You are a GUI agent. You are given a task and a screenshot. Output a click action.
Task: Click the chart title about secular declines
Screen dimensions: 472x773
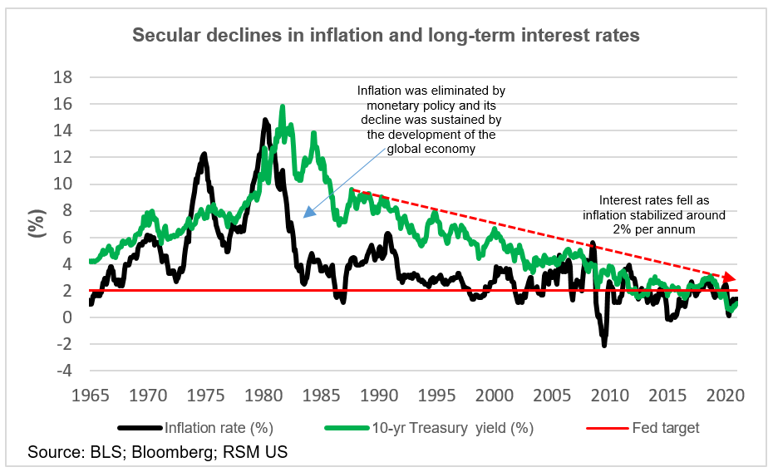click(386, 37)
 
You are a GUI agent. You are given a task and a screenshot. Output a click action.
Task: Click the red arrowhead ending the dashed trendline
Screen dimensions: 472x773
click(731, 278)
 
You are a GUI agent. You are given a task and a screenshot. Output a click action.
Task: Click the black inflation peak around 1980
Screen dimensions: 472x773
click(265, 120)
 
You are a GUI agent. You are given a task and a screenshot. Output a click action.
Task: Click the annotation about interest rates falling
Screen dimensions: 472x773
click(662, 214)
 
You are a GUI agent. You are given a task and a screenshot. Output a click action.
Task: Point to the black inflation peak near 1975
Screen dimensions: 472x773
click(204, 155)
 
